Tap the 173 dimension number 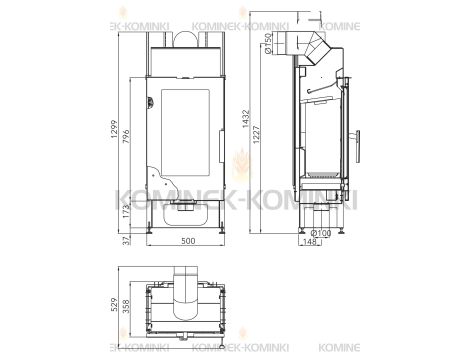[x=125, y=212]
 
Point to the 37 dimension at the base [x=125, y=239]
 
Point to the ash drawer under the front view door [x=182, y=209]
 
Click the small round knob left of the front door [x=147, y=99]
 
